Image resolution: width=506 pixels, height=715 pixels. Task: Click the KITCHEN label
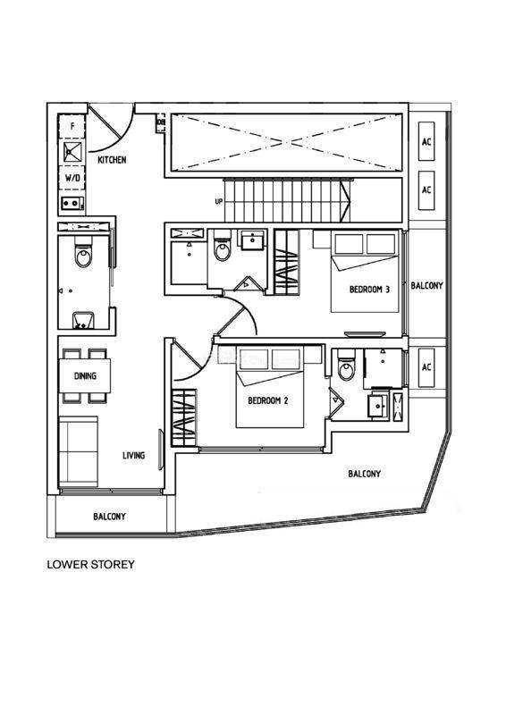pyautogui.click(x=112, y=160)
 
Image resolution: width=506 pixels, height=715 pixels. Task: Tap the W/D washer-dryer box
pyautogui.click(x=72, y=178)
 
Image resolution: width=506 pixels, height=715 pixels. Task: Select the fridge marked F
pyautogui.click(x=72, y=127)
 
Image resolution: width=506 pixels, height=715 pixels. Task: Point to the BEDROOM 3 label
pyautogui.click(x=369, y=289)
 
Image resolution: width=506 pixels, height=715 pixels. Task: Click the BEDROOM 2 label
pyautogui.click(x=268, y=400)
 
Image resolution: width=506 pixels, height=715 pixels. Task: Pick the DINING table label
pyautogui.click(x=85, y=375)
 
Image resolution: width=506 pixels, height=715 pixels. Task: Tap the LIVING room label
pyautogui.click(x=134, y=455)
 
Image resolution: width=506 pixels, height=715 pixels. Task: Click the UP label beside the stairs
pyautogui.click(x=218, y=201)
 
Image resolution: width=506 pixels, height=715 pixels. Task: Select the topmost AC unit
pyautogui.click(x=426, y=141)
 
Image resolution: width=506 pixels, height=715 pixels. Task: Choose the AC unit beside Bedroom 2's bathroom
pyautogui.click(x=426, y=367)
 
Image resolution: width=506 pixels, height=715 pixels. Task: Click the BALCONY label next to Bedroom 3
pyautogui.click(x=426, y=286)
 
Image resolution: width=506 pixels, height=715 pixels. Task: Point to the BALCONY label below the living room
pyautogui.click(x=109, y=517)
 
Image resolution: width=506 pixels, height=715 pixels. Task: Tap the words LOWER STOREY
pyautogui.click(x=91, y=565)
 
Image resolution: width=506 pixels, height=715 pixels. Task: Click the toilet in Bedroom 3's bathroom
pyautogui.click(x=223, y=247)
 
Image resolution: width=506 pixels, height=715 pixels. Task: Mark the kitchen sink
pyautogui.click(x=72, y=152)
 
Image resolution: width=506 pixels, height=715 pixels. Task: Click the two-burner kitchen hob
pyautogui.click(x=72, y=204)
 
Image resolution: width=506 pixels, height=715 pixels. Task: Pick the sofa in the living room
pyautogui.click(x=79, y=451)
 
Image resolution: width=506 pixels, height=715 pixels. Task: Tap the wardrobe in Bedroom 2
pyautogui.click(x=184, y=418)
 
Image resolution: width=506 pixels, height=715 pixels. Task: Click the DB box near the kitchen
pyautogui.click(x=161, y=122)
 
